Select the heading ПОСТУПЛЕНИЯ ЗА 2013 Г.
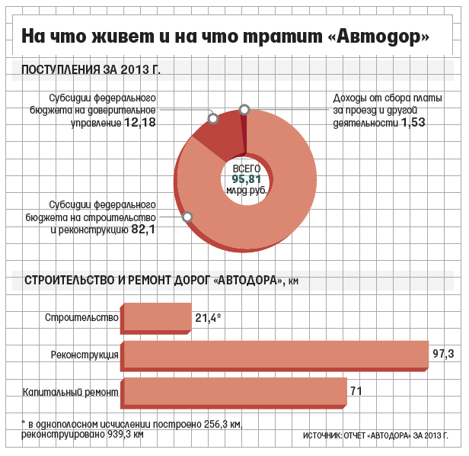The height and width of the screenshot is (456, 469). (91, 70)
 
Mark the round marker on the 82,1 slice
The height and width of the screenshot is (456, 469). (187, 217)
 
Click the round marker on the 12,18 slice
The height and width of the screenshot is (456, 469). (214, 118)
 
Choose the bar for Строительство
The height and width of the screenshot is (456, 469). (157, 316)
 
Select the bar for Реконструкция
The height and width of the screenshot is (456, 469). (274, 355)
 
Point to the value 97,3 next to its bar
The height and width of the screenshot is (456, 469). (443, 354)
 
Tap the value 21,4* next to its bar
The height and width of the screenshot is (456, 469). (208, 317)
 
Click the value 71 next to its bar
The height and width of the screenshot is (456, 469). (355, 391)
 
